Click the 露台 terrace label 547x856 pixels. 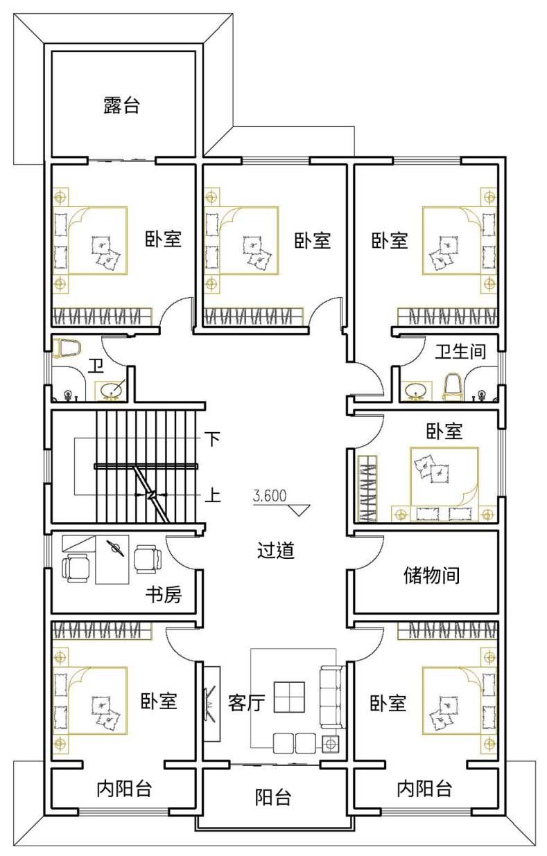[121, 105]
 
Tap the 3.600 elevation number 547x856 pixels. [270, 496]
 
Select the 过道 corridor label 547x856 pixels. [275, 551]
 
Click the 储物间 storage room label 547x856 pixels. [431, 586]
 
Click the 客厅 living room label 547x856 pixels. [247, 702]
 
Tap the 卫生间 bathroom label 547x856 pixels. [460, 351]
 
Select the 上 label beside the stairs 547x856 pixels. [213, 496]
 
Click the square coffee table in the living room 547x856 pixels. [289, 697]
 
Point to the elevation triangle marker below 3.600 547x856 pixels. [299, 510]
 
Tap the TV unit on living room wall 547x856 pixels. [211, 704]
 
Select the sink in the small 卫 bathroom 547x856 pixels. [112, 391]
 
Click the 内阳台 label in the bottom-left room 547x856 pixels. [124, 789]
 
